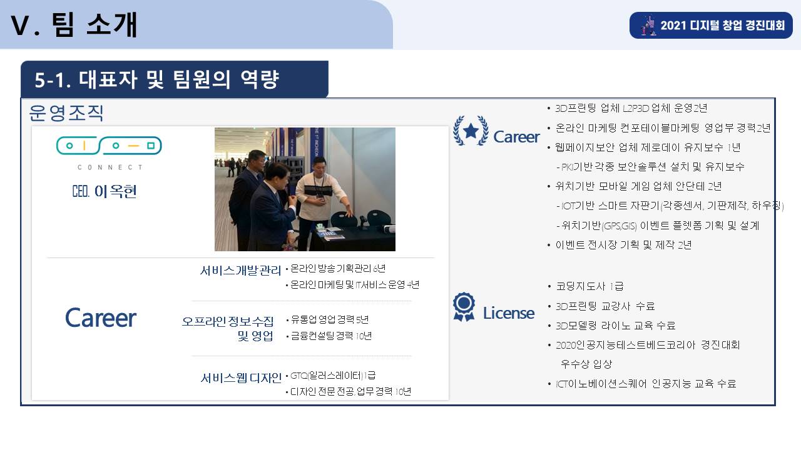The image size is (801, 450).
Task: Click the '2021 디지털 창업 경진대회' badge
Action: pyautogui.click(x=711, y=26)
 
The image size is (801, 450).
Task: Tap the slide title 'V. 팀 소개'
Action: pyautogui.click(x=74, y=24)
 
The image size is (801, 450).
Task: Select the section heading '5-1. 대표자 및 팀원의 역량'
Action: pyautogui.click(x=156, y=79)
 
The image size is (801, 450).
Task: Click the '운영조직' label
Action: pyautogui.click(x=66, y=113)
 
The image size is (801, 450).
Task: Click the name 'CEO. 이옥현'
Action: pyautogui.click(x=105, y=191)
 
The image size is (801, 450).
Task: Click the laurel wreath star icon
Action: pyautogui.click(x=471, y=131)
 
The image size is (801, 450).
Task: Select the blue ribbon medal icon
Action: pyautogui.click(x=464, y=307)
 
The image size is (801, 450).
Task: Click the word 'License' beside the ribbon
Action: pyautogui.click(x=509, y=313)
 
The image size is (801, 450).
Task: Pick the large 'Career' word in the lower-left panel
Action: pyautogui.click(x=101, y=318)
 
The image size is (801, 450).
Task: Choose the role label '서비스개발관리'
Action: pyautogui.click(x=240, y=271)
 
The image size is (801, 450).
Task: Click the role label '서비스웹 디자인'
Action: pyautogui.click(x=241, y=377)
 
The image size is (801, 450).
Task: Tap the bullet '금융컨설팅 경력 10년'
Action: pyautogui.click(x=331, y=336)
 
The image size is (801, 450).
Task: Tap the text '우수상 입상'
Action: pyautogui.click(x=586, y=364)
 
